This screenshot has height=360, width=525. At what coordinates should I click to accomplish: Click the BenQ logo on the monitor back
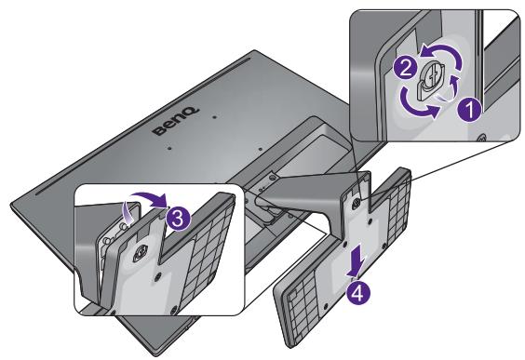point(176,122)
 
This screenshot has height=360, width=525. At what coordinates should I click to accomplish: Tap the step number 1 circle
point(469,110)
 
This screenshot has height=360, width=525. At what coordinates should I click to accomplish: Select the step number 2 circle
point(405,68)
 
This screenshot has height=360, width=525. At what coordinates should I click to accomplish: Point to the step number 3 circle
point(178,219)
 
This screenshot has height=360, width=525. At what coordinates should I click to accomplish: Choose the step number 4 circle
point(358,294)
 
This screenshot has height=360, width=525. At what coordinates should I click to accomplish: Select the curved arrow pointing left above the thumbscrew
point(442,55)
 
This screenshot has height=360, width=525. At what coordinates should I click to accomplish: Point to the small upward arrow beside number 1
point(454,87)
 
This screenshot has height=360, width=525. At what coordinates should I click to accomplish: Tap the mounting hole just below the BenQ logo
point(169,147)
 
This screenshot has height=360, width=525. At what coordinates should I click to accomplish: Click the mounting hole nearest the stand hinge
point(260,147)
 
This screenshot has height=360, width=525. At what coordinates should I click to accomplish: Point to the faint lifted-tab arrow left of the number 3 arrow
point(128,211)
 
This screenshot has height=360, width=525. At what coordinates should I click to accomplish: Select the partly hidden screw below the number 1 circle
point(481,137)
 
